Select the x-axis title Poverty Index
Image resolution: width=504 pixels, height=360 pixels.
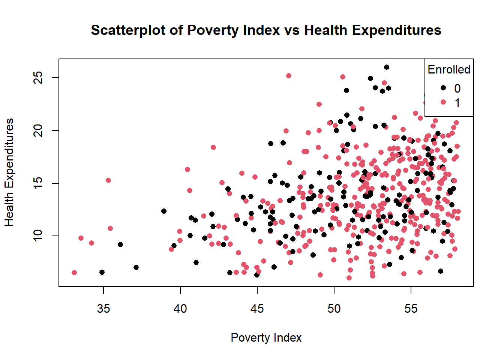266,337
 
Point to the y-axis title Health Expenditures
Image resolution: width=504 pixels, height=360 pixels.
9,172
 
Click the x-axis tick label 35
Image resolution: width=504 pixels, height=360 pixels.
103,309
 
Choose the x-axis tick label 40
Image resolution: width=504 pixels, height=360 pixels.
180,309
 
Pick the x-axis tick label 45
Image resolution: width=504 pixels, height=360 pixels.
257,309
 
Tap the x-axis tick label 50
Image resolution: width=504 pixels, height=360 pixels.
334,309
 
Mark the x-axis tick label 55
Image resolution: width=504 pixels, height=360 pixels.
411,309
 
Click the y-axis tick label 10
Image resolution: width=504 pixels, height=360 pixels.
38,236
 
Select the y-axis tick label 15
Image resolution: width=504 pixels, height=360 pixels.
38,183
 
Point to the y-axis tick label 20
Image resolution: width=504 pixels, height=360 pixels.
38,130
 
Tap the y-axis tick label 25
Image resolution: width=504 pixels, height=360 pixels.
38,78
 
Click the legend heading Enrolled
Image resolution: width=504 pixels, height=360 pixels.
449,69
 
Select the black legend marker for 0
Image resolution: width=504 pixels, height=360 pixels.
443,88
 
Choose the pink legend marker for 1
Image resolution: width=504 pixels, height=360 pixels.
443,102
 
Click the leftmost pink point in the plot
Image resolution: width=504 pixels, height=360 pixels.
74,273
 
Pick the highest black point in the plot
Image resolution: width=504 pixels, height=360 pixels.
387,67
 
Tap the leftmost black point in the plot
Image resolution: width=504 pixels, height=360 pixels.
102,272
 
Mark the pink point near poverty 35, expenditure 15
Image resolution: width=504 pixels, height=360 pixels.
108,180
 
